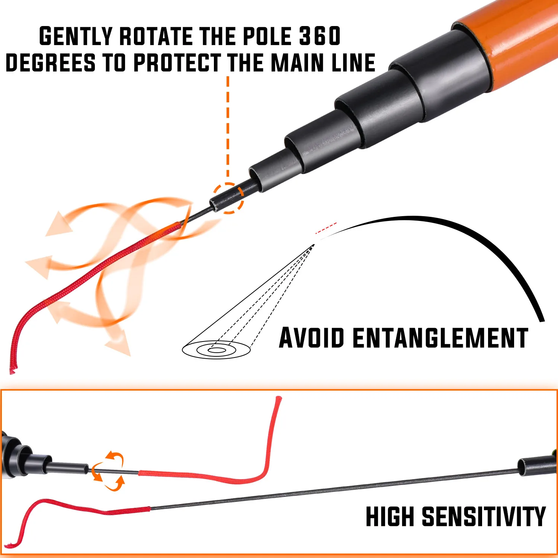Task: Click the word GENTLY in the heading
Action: (76, 36)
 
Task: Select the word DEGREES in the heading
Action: (51, 62)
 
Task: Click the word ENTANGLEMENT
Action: (440, 338)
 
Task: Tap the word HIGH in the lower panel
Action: (389, 516)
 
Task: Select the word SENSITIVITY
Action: (484, 516)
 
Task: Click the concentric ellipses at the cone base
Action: (216, 350)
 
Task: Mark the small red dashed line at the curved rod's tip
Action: (326, 228)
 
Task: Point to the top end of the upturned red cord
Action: (278, 399)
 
